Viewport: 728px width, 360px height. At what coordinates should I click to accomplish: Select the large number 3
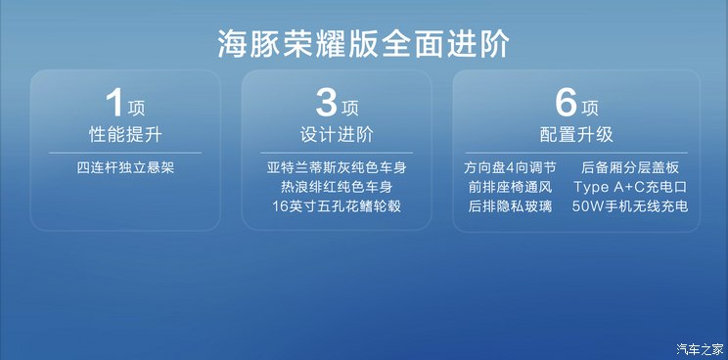[327, 103]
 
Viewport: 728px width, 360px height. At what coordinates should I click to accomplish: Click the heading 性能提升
[126, 134]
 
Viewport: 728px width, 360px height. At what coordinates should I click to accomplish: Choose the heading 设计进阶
[337, 134]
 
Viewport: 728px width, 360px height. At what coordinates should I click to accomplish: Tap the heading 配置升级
[575, 134]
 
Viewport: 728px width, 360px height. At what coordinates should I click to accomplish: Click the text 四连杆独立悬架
[126, 167]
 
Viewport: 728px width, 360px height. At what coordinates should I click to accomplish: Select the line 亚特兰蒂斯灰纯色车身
[337, 167]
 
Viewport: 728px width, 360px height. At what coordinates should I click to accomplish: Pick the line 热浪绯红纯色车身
[337, 187]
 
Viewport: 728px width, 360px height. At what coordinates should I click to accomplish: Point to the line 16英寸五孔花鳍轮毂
[337, 206]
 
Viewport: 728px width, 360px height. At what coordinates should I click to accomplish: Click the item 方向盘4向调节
[511, 167]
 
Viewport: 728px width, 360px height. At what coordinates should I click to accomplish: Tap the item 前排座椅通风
[510, 187]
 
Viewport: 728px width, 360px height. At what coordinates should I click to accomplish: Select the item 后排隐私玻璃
[510, 206]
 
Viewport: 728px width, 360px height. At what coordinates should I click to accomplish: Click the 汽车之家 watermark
[701, 348]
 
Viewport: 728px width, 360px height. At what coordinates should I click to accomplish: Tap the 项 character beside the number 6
[589, 107]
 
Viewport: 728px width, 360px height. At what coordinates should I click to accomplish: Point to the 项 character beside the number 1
[138, 107]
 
